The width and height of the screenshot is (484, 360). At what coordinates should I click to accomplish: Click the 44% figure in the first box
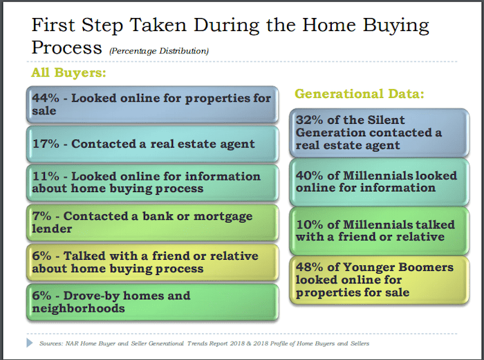point(46,98)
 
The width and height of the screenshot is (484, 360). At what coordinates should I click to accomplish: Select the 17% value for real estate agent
point(46,144)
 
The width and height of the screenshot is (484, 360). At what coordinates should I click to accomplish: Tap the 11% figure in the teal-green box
point(46,176)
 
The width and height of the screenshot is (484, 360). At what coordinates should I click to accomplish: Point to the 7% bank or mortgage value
point(41,216)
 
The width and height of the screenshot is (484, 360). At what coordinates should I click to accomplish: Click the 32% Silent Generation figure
point(309,120)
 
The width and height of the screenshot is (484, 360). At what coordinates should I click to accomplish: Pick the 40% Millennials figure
point(309,176)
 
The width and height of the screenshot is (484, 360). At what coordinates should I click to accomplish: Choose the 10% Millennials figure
point(309,225)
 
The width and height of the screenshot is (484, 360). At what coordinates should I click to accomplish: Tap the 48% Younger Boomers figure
point(309,267)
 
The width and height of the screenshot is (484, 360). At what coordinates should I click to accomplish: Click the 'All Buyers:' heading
point(68,73)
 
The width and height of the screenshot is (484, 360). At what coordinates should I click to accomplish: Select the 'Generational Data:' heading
point(360,93)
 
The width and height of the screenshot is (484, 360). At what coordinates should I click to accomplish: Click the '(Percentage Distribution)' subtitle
point(159,51)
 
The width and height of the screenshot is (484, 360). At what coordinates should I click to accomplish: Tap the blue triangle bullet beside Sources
point(30,343)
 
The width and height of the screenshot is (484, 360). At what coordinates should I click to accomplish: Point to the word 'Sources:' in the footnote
point(51,343)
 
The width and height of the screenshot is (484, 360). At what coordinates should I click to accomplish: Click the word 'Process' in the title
point(66,48)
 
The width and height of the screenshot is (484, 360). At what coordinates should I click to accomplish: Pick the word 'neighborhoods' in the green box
point(78,308)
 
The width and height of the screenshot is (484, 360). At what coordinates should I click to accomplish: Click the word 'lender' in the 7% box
point(52,229)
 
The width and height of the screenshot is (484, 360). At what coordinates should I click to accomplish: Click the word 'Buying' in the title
point(395,26)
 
